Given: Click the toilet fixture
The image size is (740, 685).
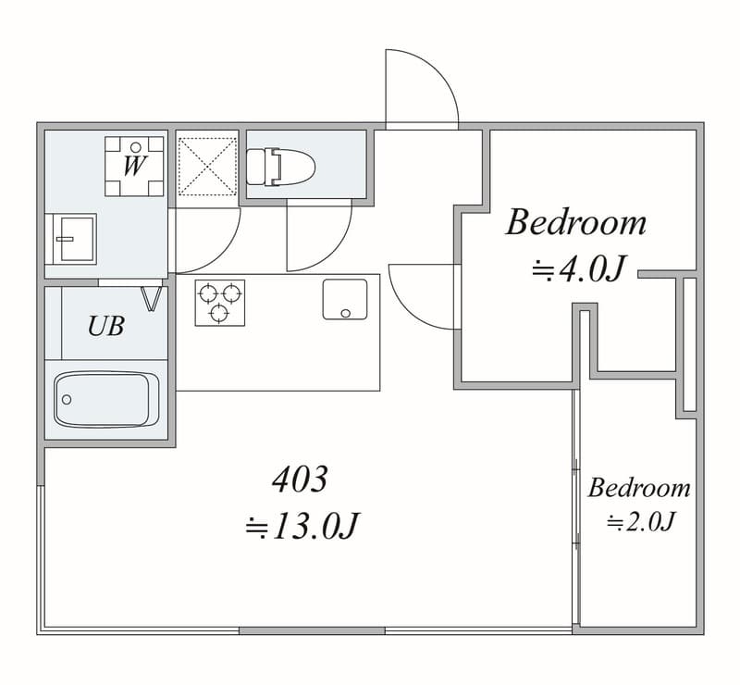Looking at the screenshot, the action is [x=281, y=167].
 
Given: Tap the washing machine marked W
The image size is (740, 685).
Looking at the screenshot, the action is [x=134, y=167].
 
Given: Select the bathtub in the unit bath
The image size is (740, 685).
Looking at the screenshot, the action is [x=106, y=400].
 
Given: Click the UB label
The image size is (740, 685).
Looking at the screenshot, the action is [x=106, y=326].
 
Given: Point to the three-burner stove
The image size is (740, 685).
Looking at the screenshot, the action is [x=220, y=303].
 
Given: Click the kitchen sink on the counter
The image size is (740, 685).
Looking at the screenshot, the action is [x=345, y=300].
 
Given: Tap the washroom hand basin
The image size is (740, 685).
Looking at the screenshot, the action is [x=74, y=239].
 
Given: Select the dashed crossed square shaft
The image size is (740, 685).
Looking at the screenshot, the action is [x=207, y=167].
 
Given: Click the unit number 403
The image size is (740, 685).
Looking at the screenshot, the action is [x=300, y=479].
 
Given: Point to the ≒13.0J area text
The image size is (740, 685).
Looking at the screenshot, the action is [x=302, y=526].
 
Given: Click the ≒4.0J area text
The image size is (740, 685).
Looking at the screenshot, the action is [x=579, y=268].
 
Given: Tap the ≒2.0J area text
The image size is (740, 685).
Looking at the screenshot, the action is [x=641, y=522].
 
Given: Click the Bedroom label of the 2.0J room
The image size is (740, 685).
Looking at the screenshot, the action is [x=639, y=488].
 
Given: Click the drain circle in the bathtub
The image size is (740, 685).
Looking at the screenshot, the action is [x=67, y=400].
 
